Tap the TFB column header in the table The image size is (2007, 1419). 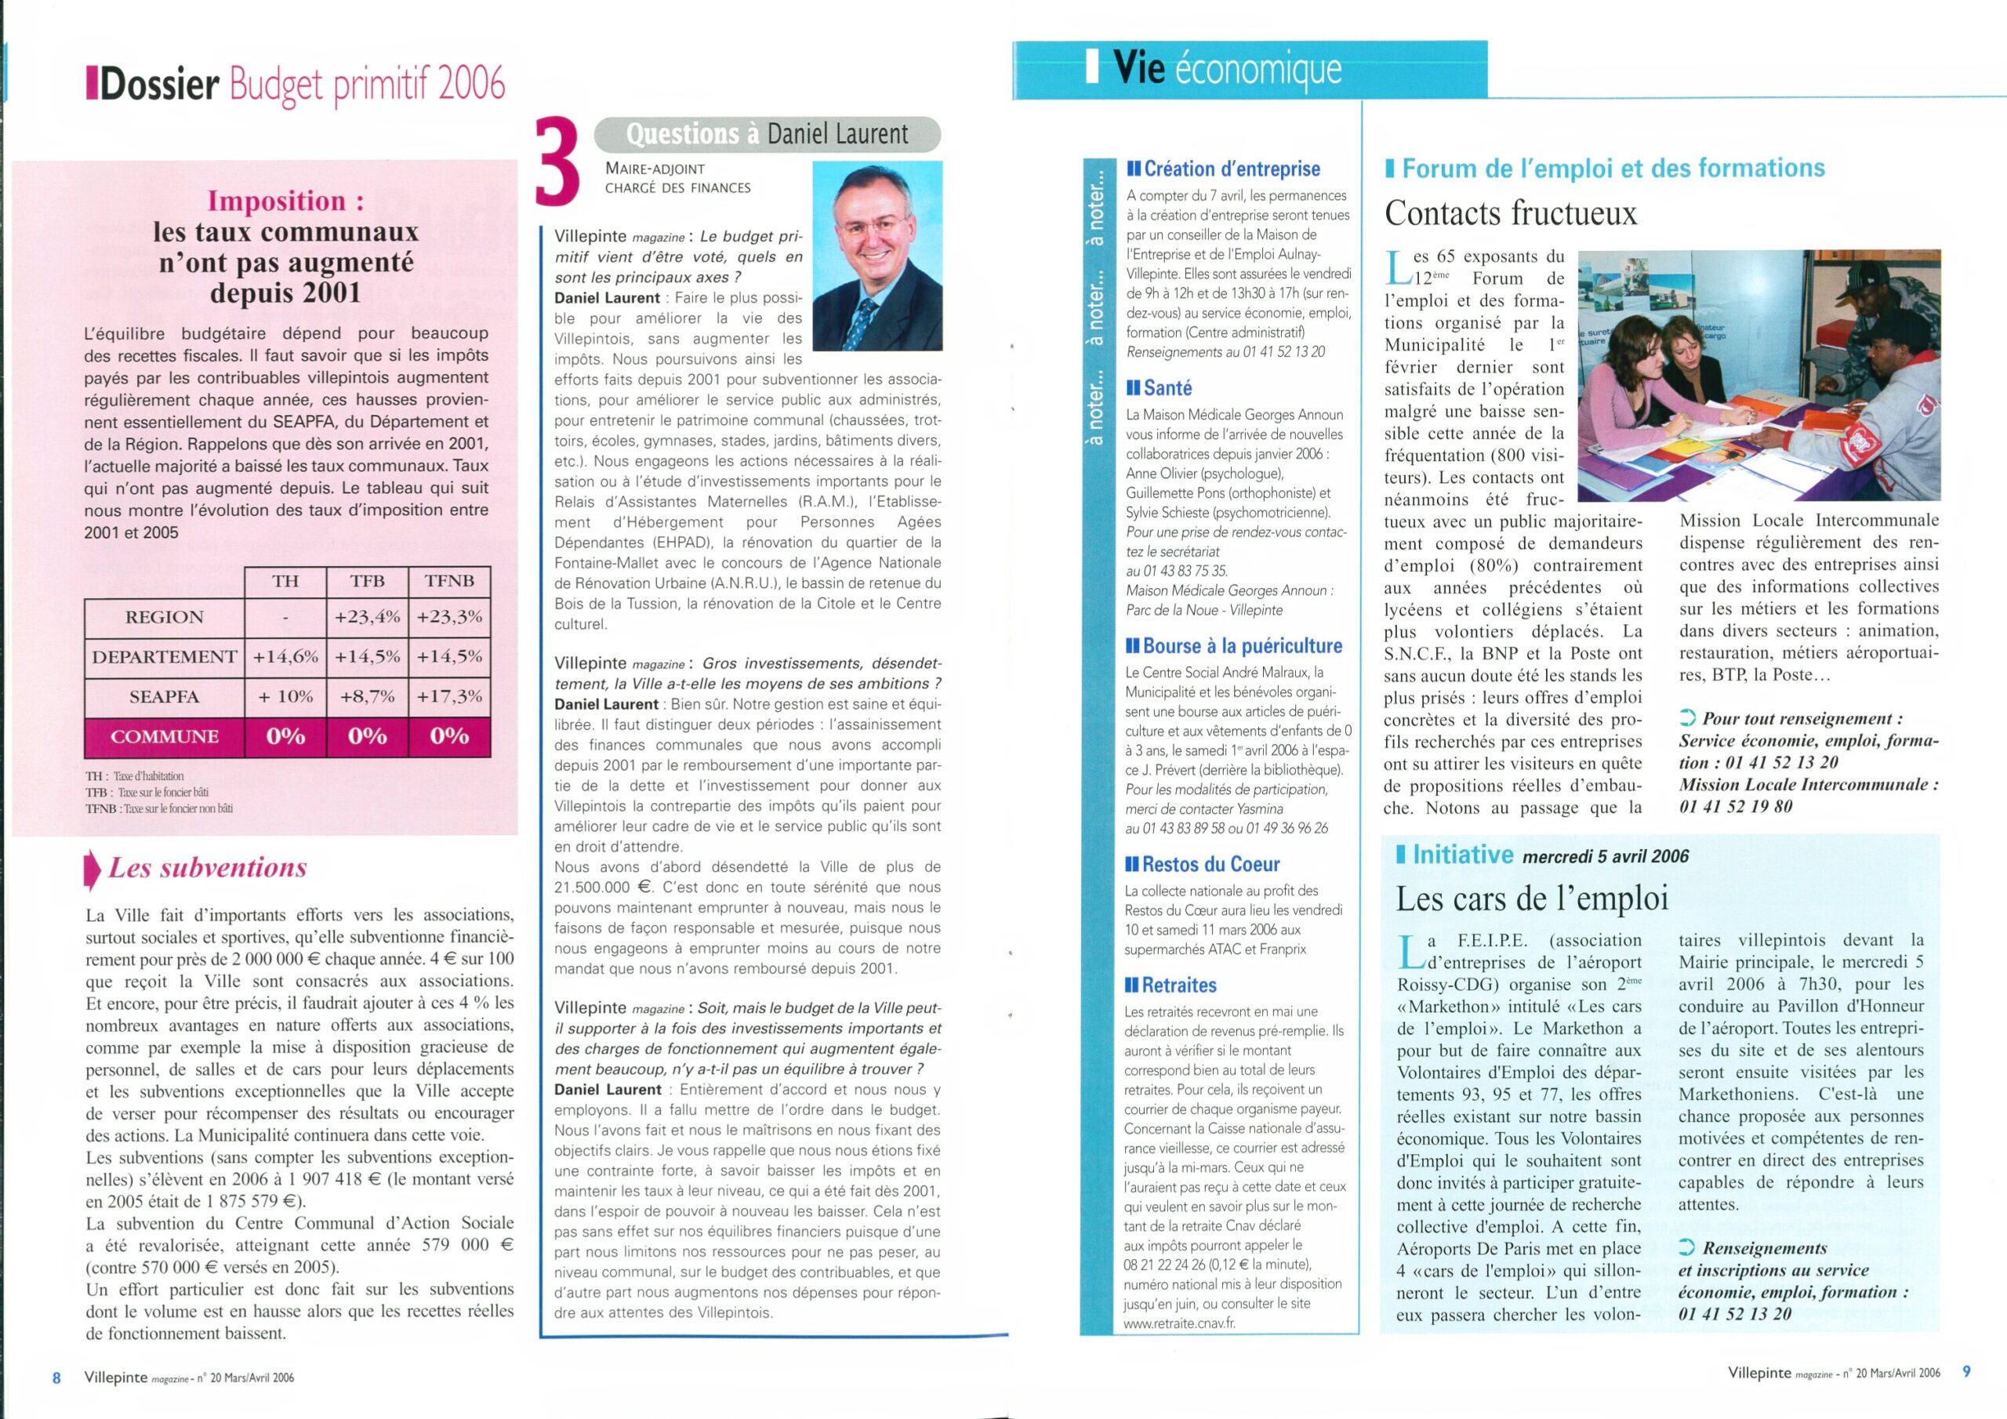[x=367, y=582]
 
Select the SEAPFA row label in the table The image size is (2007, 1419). [x=165, y=697]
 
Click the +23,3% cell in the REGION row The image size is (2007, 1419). [x=449, y=616]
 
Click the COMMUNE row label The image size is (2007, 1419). [x=165, y=736]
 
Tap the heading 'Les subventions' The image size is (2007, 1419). [x=207, y=867]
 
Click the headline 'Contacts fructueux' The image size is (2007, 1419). [x=1511, y=213]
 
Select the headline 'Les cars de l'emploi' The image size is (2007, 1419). [x=1533, y=898]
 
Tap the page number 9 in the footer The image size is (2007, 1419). [x=1967, y=1372]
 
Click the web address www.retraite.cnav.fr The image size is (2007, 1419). [x=1179, y=1323]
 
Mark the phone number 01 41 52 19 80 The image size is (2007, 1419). [x=1735, y=806]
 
